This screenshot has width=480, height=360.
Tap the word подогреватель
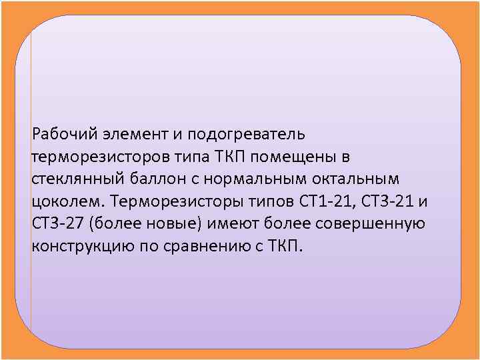(246, 135)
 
